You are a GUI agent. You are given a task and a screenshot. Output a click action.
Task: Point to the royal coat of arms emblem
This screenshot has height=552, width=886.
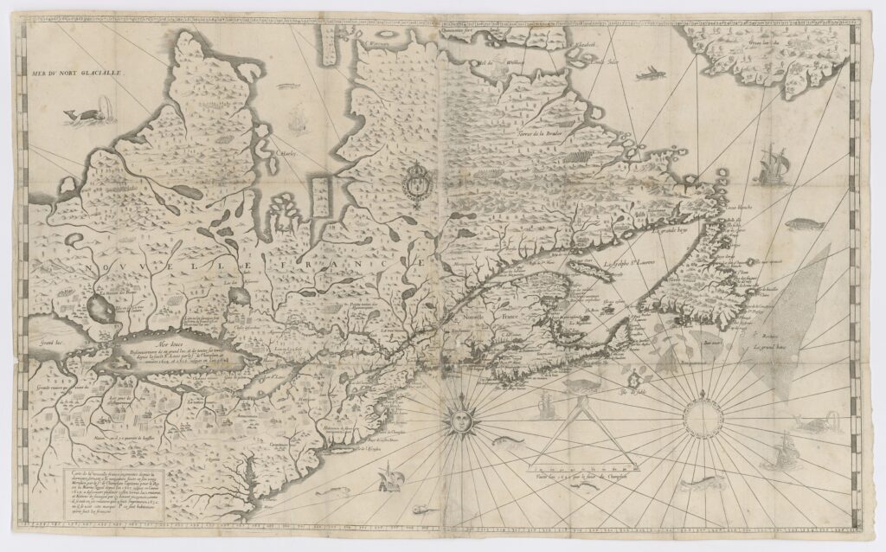pyautogui.click(x=414, y=185)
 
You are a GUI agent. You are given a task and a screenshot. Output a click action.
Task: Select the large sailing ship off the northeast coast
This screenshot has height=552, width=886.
pyautogui.click(x=773, y=164)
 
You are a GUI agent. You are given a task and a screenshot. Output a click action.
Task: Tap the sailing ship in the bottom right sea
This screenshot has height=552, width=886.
pyautogui.click(x=785, y=448)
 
